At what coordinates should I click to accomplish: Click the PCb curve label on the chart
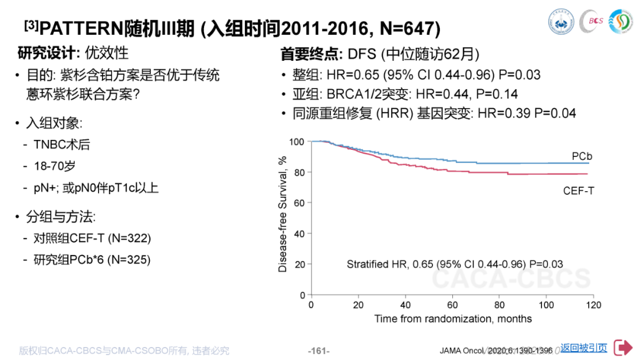click(x=582, y=156)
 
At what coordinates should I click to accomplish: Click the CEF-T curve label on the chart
click(x=578, y=190)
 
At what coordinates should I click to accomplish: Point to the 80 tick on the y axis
click(x=298, y=172)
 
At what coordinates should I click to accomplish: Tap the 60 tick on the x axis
click(x=452, y=305)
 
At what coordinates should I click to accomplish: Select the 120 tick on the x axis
click(x=593, y=305)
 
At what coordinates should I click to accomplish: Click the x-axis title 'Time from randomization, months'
click(x=453, y=319)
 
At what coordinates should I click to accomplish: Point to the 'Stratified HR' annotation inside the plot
click(x=454, y=264)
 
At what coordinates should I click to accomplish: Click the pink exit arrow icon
click(x=622, y=348)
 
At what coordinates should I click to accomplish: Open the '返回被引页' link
click(x=583, y=348)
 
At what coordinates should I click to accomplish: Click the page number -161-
click(x=318, y=351)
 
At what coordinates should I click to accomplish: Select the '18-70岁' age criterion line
click(x=55, y=166)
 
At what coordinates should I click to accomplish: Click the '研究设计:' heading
click(x=49, y=53)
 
